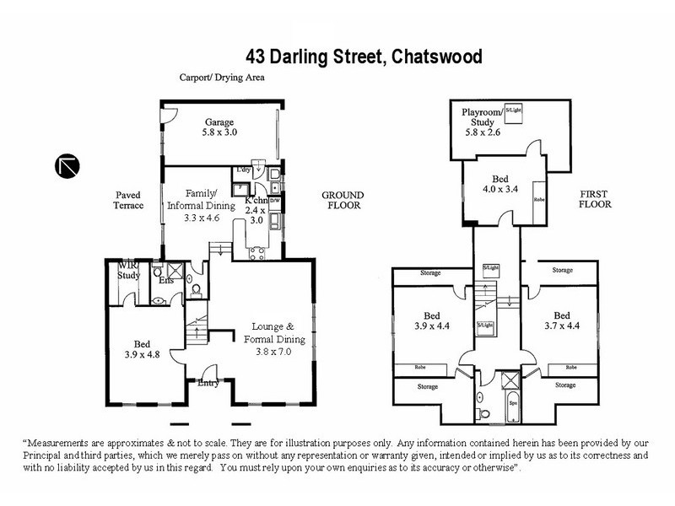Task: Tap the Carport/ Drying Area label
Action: pyautogui.click(x=222, y=78)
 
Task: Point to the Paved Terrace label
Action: pyautogui.click(x=131, y=199)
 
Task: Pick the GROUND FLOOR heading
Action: pyautogui.click(x=341, y=199)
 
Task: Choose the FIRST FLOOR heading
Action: pyautogui.click(x=597, y=199)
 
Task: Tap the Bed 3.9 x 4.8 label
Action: pyautogui.click(x=141, y=348)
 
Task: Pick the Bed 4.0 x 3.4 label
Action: pyautogui.click(x=505, y=184)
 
